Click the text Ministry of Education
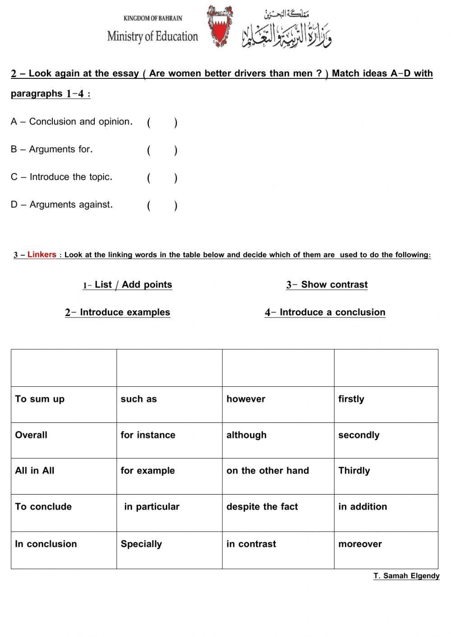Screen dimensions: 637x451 coord(152,37)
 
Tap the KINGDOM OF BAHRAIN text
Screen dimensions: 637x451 coord(152,18)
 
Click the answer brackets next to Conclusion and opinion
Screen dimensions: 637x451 coord(162,123)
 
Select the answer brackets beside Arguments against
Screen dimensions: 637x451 coord(162,206)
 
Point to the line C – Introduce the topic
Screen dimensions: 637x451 coord(62,177)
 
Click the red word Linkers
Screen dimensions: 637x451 coord(42,255)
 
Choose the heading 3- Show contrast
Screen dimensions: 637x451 coord(327,285)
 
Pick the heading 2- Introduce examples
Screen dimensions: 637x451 coord(118,312)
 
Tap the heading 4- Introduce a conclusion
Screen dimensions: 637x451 coord(325,312)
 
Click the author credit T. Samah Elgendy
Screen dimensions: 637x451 coord(406,576)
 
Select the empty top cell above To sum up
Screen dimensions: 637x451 coord(64,368)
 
